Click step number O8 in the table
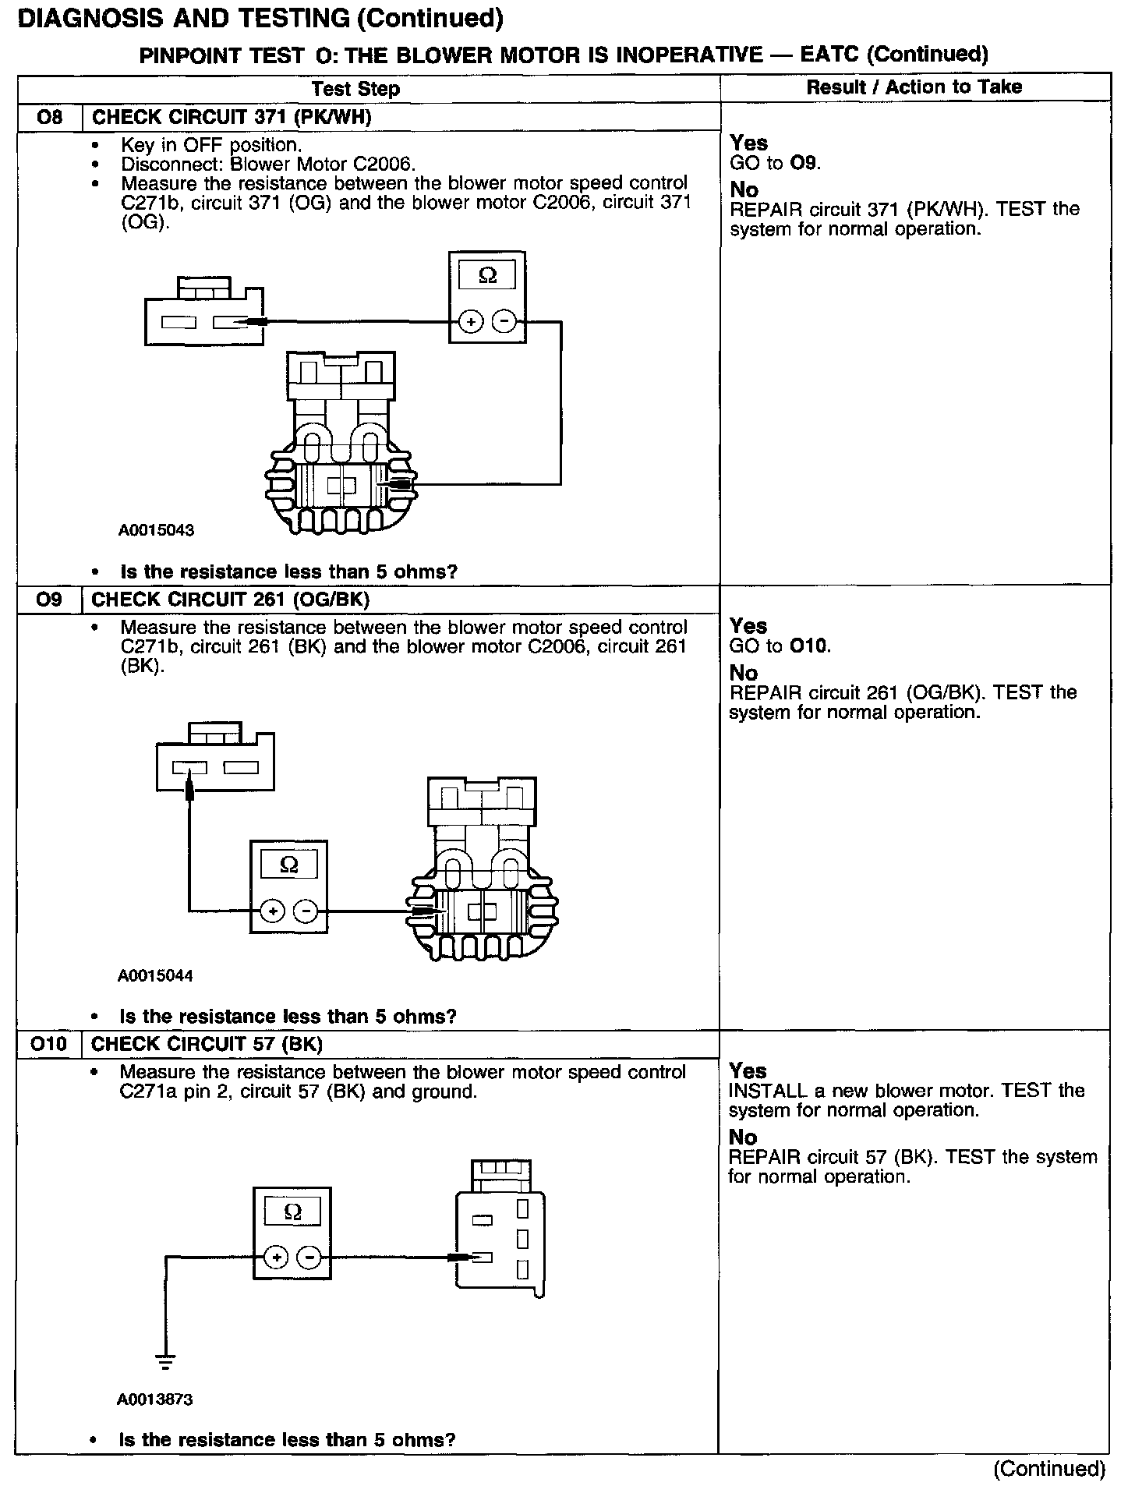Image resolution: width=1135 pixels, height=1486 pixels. tap(49, 118)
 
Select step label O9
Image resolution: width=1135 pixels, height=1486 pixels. tap(49, 600)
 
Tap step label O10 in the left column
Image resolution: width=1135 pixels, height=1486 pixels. tap(49, 1044)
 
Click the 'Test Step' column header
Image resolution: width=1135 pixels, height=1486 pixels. tap(355, 89)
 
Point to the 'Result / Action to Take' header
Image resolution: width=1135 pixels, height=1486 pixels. tap(914, 87)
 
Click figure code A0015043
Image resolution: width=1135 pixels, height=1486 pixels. tap(156, 530)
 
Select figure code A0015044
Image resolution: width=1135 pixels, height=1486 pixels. tap(155, 975)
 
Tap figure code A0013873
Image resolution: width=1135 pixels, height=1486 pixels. tap(155, 1399)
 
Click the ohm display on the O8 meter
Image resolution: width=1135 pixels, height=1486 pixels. tap(487, 276)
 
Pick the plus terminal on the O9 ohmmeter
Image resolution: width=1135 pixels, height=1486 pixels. tap(272, 911)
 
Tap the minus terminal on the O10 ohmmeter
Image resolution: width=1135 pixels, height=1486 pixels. tap(309, 1257)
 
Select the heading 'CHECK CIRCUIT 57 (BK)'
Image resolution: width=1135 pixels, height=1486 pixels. tap(207, 1044)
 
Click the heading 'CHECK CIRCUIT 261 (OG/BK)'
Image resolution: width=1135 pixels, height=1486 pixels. tap(231, 600)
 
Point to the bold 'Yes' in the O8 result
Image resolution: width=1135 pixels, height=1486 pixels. tap(749, 143)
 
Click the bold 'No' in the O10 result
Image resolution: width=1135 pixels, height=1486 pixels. tap(743, 1137)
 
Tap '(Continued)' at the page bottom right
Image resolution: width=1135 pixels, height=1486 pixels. tap(1049, 1469)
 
